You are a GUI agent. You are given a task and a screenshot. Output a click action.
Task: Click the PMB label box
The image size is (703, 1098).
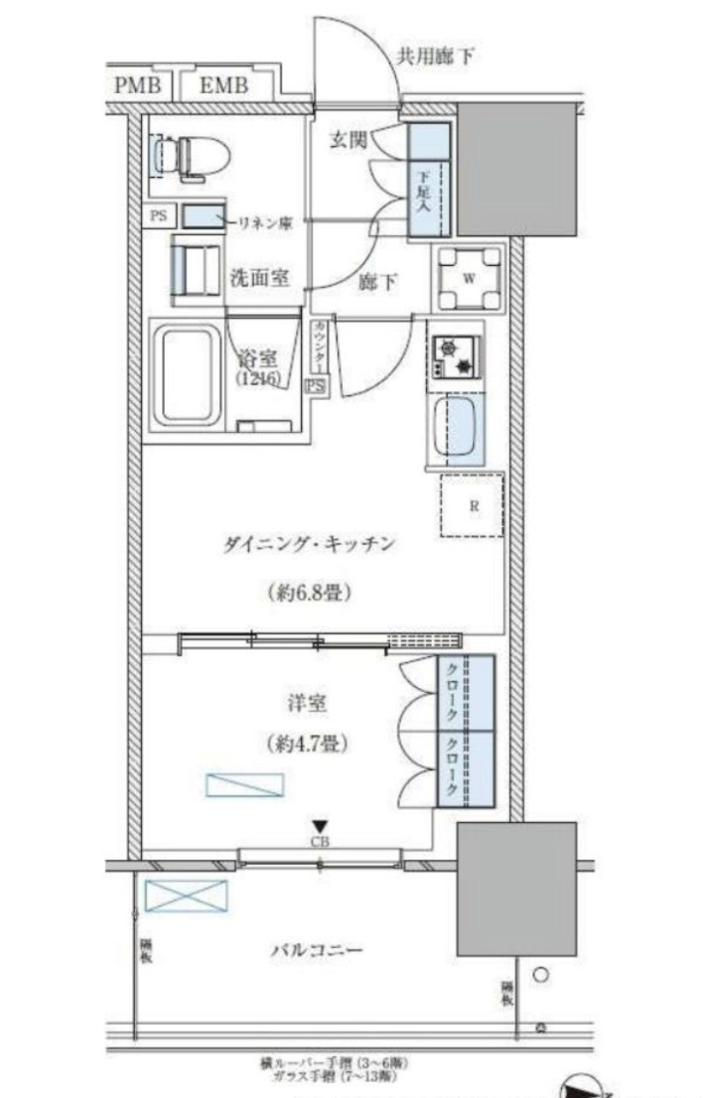click(137, 85)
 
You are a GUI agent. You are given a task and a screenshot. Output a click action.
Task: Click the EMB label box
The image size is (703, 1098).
click(223, 85)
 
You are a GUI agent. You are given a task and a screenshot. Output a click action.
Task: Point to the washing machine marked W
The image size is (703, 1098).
click(466, 276)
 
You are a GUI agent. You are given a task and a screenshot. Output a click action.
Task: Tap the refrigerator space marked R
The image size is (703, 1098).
click(473, 505)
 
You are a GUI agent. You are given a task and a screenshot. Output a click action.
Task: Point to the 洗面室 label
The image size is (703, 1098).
click(261, 278)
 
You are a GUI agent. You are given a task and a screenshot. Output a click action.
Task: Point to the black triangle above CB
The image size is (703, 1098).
click(320, 825)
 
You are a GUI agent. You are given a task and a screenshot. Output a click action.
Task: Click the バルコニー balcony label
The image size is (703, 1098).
click(316, 950)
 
